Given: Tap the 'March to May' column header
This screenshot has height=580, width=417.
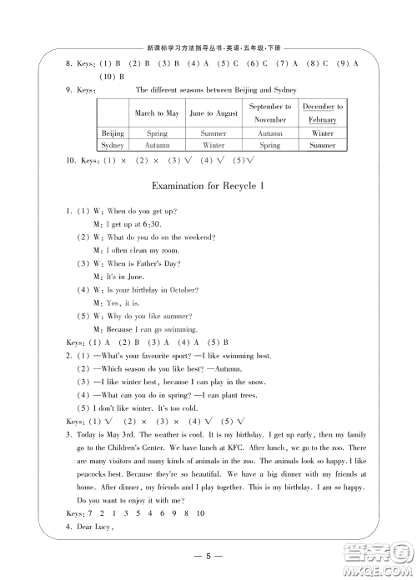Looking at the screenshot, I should (x=157, y=113).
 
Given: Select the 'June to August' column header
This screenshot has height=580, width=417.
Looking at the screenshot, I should (x=214, y=113).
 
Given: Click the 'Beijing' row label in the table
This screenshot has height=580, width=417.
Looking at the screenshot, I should (x=113, y=133).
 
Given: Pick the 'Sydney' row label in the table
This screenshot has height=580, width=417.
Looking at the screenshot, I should (x=113, y=145).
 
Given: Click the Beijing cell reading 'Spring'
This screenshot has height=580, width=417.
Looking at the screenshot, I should (x=157, y=133).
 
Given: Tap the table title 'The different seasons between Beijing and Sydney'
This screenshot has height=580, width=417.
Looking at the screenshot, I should (x=216, y=90).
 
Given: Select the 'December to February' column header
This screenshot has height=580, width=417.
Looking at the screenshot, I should (x=322, y=113).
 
